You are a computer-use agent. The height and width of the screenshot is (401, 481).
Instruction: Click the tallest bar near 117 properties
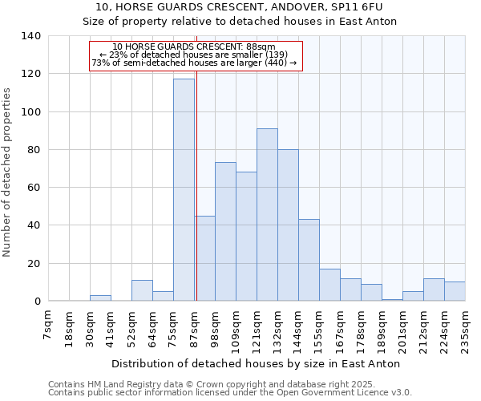(184, 190)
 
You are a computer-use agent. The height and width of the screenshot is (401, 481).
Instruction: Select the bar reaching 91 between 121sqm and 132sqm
(267, 215)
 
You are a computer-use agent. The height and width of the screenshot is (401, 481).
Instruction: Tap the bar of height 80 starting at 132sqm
(288, 225)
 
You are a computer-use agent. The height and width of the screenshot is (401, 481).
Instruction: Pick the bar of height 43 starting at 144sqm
(309, 261)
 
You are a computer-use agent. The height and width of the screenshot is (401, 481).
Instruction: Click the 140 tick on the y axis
(31, 36)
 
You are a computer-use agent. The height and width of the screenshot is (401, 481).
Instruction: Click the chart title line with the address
(240, 7)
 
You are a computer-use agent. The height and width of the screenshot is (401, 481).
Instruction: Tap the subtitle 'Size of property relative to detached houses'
(240, 21)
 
